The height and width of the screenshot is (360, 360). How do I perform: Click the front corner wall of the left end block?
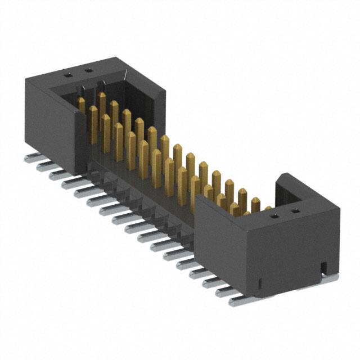click(x=79, y=138)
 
